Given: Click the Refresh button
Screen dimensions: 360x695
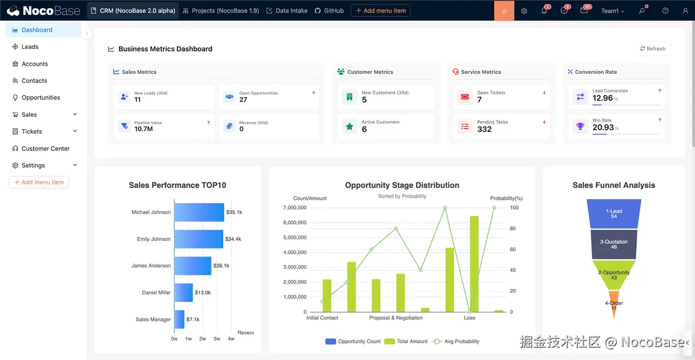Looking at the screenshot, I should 653,49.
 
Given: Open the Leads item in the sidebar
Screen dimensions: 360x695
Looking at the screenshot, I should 30,47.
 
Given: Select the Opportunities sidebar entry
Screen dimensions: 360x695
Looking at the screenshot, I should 41,98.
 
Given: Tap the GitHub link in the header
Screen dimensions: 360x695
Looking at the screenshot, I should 329,11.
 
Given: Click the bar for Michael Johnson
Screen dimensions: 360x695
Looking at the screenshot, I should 199,212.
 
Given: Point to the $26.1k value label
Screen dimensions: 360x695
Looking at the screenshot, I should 221,266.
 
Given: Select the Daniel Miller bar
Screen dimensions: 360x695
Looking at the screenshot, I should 184,293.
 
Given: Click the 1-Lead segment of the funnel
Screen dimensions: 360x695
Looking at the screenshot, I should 614,213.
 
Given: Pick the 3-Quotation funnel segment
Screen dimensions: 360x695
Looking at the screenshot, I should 614,244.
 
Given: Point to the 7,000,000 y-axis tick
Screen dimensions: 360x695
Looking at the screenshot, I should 295,208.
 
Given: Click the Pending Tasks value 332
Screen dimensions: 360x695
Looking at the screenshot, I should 484,129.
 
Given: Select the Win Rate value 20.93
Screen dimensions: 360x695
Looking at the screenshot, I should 603,128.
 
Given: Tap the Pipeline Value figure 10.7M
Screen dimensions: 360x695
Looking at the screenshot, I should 143,129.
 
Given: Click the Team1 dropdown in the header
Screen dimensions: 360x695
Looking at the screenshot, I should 612,11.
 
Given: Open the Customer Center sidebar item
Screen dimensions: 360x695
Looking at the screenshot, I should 46,149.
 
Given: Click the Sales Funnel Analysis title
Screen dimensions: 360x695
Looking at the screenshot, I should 614,185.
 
